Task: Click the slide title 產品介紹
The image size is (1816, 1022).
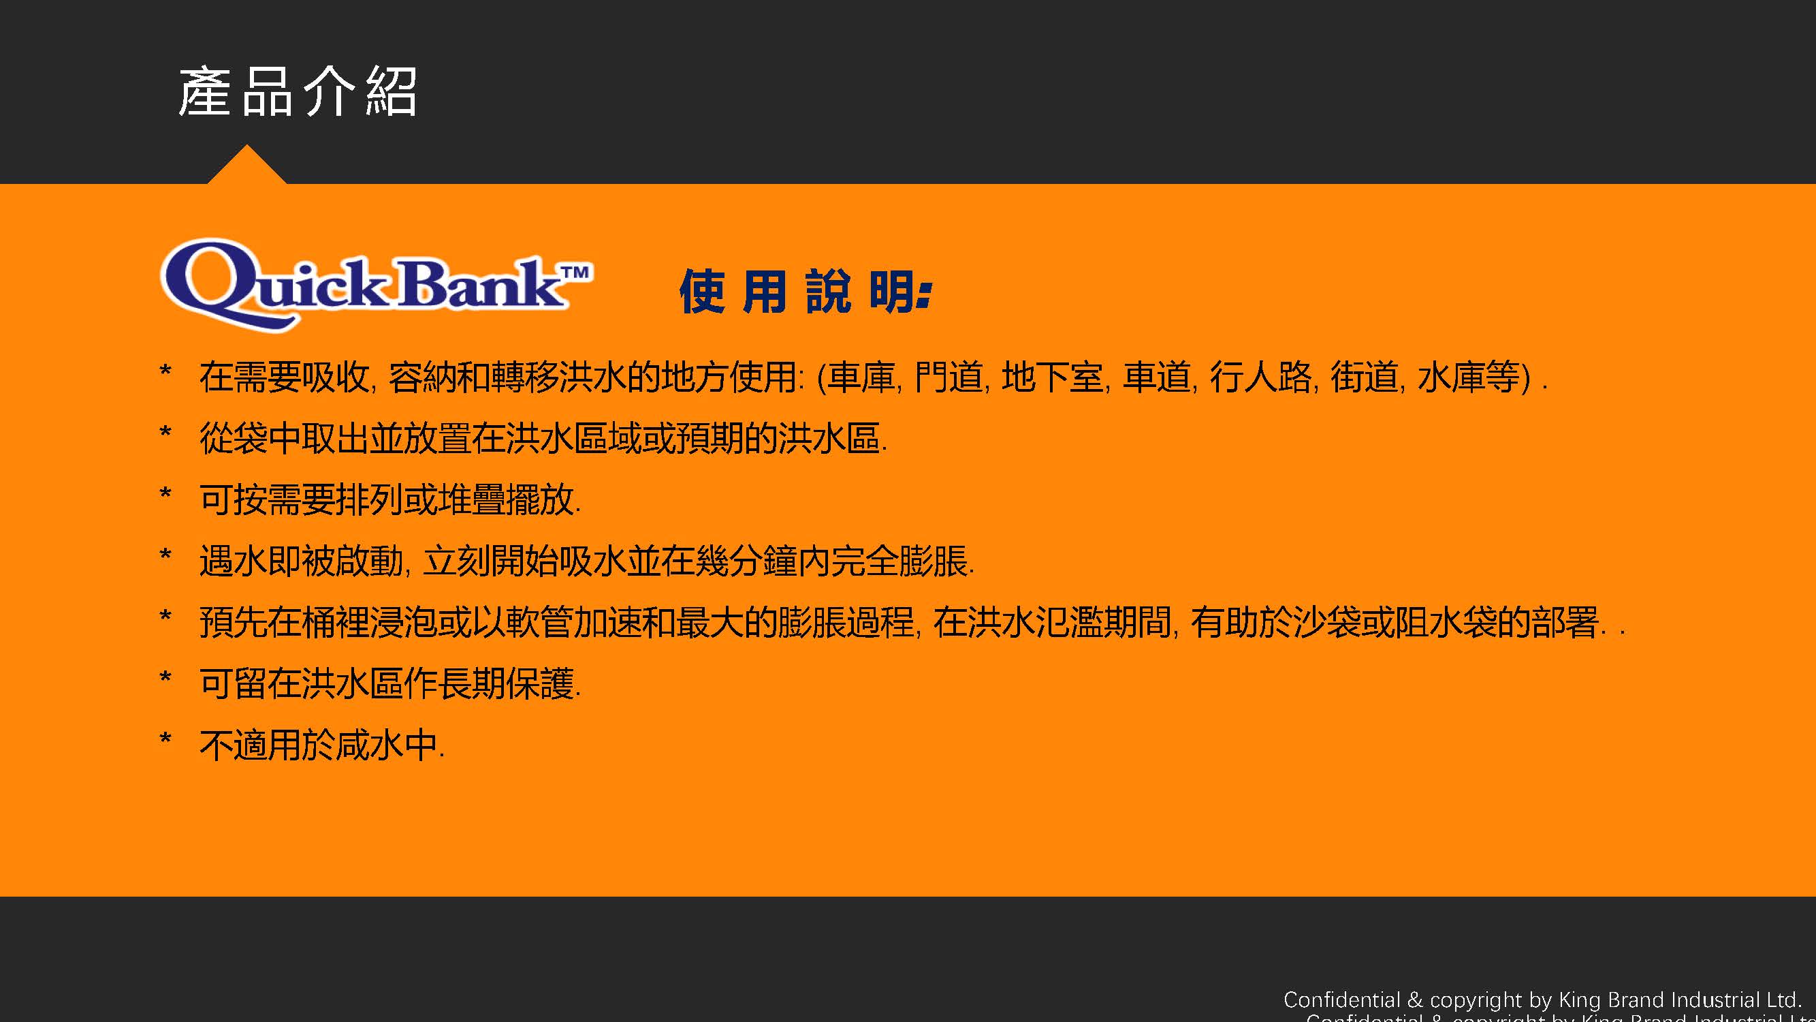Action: (x=298, y=92)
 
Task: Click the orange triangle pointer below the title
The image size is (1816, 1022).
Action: (x=246, y=165)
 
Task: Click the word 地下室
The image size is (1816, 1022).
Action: (x=1053, y=377)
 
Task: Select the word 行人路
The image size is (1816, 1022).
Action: (x=1261, y=377)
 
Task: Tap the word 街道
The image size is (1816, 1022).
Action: (x=1364, y=377)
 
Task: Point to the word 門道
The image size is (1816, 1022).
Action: (x=949, y=377)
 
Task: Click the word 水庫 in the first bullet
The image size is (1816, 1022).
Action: (x=1451, y=377)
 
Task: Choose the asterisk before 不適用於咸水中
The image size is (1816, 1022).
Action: (x=165, y=740)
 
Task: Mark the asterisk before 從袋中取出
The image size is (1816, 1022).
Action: (x=165, y=433)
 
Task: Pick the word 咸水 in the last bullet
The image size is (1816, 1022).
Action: (x=370, y=745)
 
